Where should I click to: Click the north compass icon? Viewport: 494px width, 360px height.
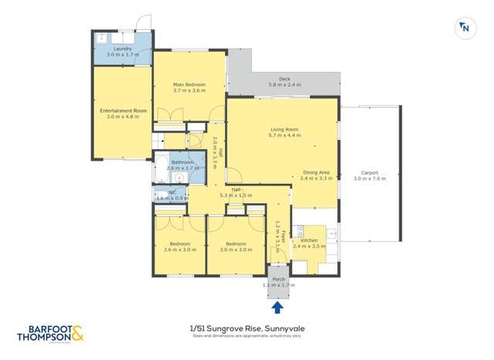tap(465, 28)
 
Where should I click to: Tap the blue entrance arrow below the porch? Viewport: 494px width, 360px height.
tap(277, 307)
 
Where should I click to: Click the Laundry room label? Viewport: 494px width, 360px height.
tap(122, 49)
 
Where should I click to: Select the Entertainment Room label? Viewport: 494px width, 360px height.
tap(123, 110)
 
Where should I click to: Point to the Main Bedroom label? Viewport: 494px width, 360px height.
tap(189, 84)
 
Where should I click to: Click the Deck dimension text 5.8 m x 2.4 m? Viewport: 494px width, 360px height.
tap(284, 84)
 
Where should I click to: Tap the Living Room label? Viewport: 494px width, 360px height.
tap(284, 129)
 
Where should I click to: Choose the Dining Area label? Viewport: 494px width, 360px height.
tap(316, 172)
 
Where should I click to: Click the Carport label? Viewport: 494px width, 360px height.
tap(368, 172)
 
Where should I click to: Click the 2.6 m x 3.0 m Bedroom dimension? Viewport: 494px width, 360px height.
tap(179, 250)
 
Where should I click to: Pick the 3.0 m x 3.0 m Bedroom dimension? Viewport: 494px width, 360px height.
tap(236, 250)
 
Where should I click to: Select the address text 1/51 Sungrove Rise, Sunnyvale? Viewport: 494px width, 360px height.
tap(246, 328)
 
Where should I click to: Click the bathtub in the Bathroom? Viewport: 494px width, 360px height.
tap(163, 163)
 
